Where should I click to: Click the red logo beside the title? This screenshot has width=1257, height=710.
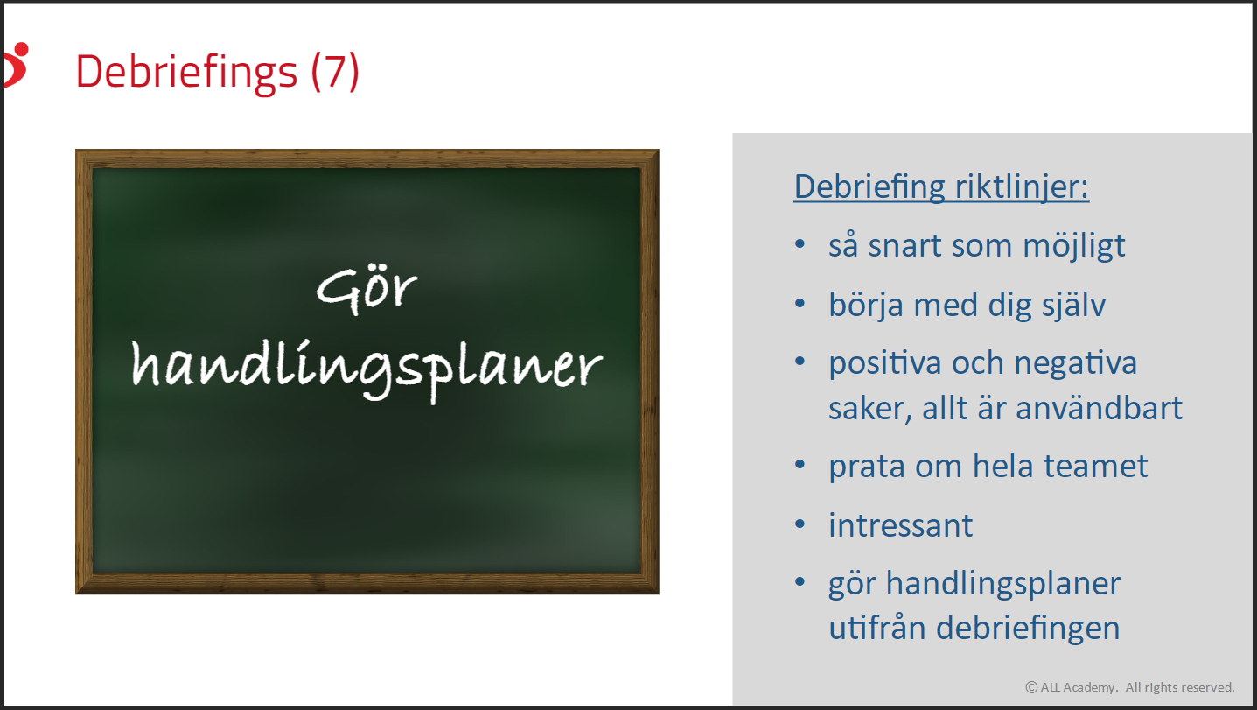click(x=16, y=65)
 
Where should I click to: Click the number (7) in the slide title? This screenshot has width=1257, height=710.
click(x=335, y=72)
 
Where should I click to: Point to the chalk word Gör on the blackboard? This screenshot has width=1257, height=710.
click(x=367, y=290)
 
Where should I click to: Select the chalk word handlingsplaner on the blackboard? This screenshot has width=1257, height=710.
click(x=367, y=369)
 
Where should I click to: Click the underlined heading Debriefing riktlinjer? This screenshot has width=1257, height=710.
click(x=941, y=187)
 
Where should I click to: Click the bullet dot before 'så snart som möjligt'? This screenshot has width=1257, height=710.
click(x=800, y=244)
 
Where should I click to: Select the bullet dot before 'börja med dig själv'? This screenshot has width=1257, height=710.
click(x=800, y=304)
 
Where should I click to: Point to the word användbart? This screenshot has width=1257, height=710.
click(x=1099, y=408)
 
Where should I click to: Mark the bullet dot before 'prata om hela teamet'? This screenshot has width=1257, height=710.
click(x=800, y=465)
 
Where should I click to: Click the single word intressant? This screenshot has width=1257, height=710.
click(x=901, y=526)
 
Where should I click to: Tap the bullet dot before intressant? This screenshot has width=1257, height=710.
click(x=800, y=524)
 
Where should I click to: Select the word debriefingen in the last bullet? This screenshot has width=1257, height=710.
click(x=1028, y=629)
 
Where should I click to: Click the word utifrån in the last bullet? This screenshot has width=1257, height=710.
click(x=877, y=628)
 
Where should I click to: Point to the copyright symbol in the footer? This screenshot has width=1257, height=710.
click(x=1031, y=687)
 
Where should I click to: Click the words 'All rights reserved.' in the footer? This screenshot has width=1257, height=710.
click(x=1180, y=687)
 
